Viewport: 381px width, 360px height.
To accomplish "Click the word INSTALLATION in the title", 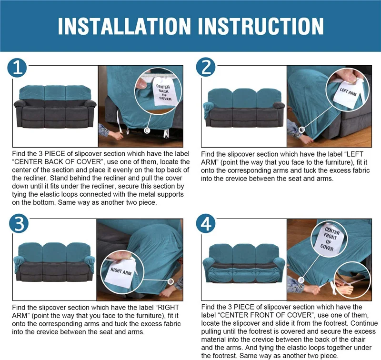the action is coord(124,26).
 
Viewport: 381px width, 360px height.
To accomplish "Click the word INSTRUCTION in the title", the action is coord(261,26).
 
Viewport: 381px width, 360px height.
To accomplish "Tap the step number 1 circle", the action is coord(17,68).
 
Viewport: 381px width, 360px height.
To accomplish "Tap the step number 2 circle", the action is coord(206,67).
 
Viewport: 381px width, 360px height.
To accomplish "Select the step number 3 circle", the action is coord(19,224).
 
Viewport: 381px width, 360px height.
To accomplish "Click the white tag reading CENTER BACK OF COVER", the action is coord(164,92).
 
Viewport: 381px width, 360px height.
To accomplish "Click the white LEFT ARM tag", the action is coord(348,93).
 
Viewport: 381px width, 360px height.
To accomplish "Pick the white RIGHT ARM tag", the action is coord(121,272).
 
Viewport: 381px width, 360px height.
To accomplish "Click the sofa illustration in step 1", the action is coord(55,107).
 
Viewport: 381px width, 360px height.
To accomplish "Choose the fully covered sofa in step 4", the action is coord(244,263).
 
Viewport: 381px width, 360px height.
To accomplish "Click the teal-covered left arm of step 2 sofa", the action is coord(208,109).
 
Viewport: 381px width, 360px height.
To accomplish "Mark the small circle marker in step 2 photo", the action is coord(301,130).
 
